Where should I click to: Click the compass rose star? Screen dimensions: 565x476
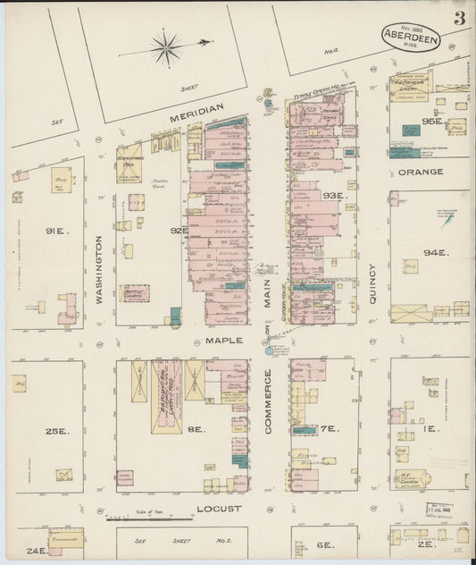pyautogui.click(x=166, y=47)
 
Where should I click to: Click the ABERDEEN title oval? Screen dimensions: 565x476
pyautogui.click(x=410, y=36)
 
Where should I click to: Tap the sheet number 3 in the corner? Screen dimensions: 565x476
pyautogui.click(x=458, y=19)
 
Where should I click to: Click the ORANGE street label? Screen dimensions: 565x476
pyautogui.click(x=420, y=172)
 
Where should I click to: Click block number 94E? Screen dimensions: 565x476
pyautogui.click(x=433, y=253)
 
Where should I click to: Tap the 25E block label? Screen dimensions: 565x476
pyautogui.click(x=57, y=431)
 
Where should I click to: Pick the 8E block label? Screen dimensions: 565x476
pyautogui.click(x=196, y=429)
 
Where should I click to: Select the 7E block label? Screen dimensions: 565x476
pyautogui.click(x=329, y=429)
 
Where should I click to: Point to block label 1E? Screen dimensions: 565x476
pyautogui.click(x=430, y=429)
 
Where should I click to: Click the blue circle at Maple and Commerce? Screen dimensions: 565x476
pyautogui.click(x=268, y=350)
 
